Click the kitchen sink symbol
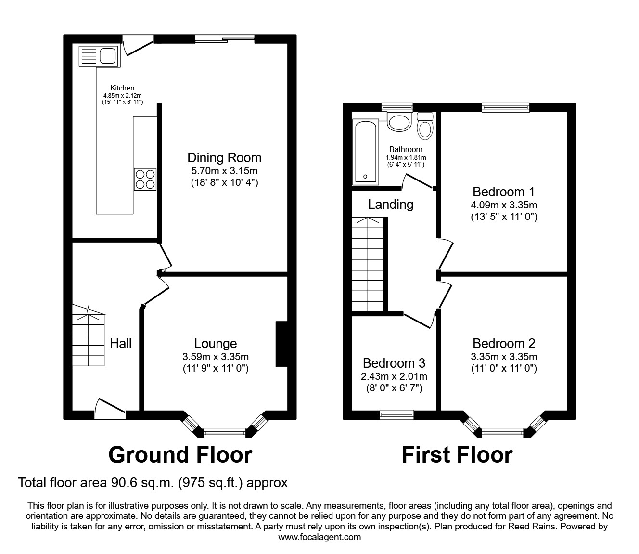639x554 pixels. [97, 56]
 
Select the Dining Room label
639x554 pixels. [224, 157]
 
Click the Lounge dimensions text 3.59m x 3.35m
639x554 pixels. [215, 357]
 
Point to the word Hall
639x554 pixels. [121, 343]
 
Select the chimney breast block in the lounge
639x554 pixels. [281, 344]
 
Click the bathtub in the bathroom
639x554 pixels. [366, 152]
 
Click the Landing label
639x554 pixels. [390, 205]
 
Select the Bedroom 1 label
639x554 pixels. [504, 192]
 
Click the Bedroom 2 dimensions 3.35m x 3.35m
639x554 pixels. [504, 357]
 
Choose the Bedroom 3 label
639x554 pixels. [394, 363]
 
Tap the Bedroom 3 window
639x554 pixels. [396, 414]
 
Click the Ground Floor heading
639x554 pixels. [180, 454]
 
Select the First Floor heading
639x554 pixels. [457, 454]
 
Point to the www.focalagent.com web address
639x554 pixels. [319, 537]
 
